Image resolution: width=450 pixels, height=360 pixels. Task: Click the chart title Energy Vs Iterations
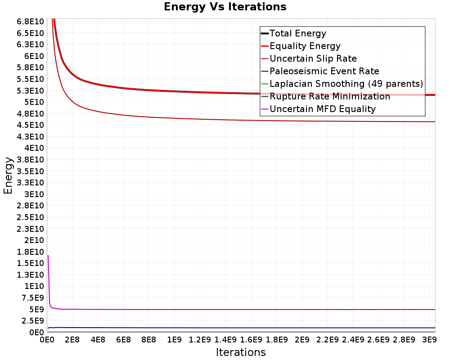coord(225,7)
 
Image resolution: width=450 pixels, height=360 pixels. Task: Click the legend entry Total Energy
coord(293,33)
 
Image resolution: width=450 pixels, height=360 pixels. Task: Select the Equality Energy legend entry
coord(301,46)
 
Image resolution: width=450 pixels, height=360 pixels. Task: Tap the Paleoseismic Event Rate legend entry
coord(320,71)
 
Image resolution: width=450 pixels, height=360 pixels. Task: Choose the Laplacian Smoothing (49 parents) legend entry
coord(342,84)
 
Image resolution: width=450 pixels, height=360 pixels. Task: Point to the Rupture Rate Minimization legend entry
coord(325,96)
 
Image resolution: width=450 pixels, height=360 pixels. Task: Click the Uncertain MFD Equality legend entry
coord(318,109)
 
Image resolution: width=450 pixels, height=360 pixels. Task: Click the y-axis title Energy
coord(8,175)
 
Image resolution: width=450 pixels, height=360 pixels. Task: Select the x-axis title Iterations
coord(241,352)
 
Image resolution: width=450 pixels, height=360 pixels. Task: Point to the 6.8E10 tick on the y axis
coord(30,22)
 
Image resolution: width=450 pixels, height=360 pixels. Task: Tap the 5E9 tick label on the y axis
coord(36,310)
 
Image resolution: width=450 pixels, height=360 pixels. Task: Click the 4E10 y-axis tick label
coord(34,148)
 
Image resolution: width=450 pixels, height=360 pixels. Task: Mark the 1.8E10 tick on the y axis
coord(30,252)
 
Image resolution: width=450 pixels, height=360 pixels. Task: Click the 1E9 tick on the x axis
coord(174,340)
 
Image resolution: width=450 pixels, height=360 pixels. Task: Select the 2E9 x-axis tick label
coord(302,340)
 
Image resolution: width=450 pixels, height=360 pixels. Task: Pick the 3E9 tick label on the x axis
coord(429,340)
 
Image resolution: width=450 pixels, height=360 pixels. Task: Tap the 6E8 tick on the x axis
coord(123,340)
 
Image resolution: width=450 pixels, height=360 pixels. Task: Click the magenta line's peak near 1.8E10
coord(48,256)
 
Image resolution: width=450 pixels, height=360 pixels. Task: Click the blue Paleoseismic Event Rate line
coord(242,328)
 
